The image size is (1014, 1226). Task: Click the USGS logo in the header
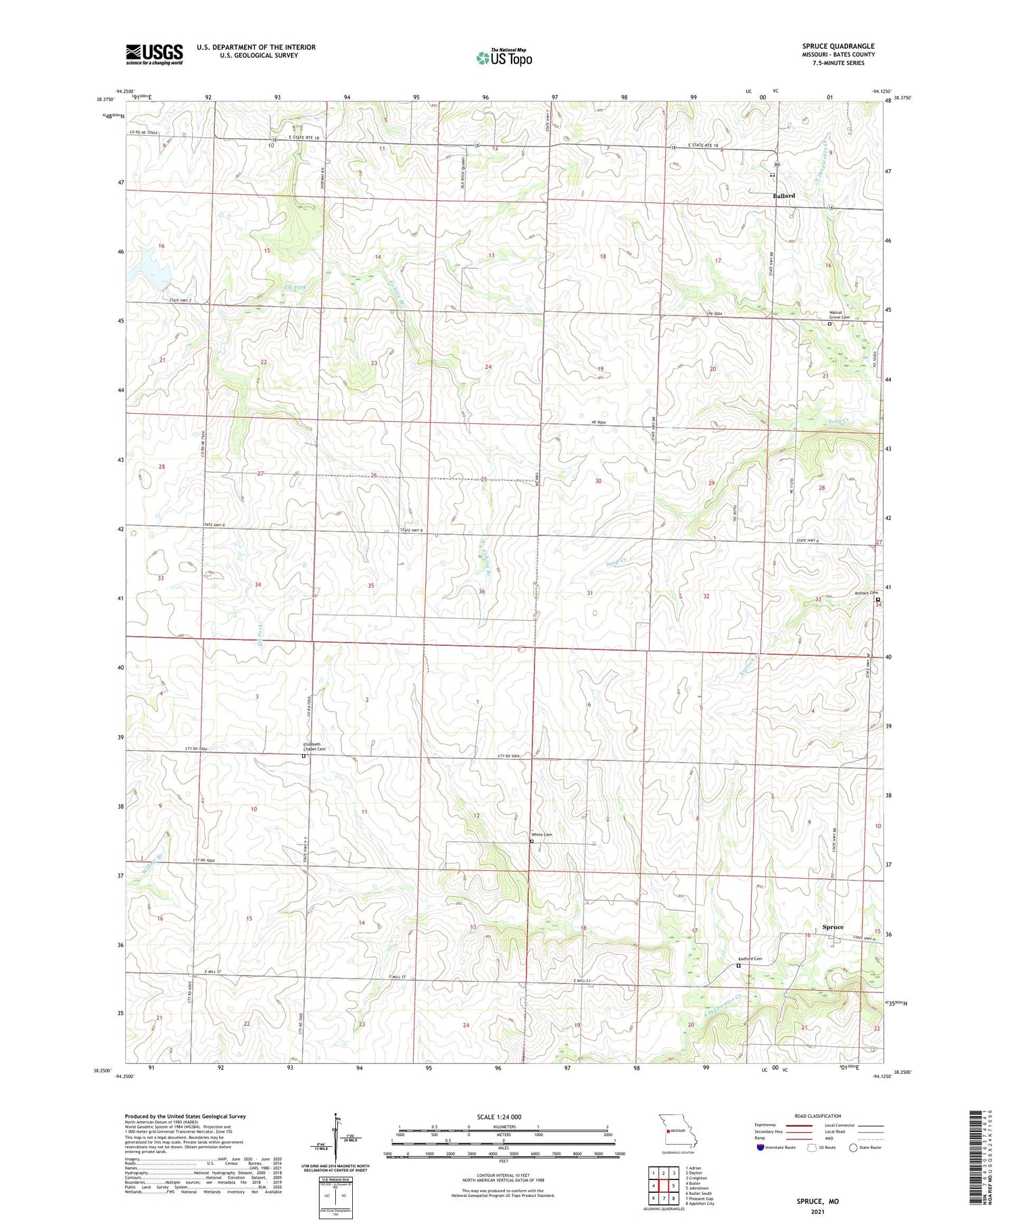[x=154, y=54]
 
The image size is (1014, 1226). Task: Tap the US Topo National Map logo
[x=504, y=57]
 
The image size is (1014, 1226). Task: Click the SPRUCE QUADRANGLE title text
[x=838, y=46]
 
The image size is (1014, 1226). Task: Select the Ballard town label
[x=783, y=196]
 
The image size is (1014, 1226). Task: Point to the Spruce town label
[x=833, y=927]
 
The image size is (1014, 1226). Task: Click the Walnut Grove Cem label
[x=839, y=315]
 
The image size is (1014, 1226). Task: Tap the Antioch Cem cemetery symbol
[x=877, y=599]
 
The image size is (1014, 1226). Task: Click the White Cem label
[x=541, y=834]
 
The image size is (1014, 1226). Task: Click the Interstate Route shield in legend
[x=761, y=1147]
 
